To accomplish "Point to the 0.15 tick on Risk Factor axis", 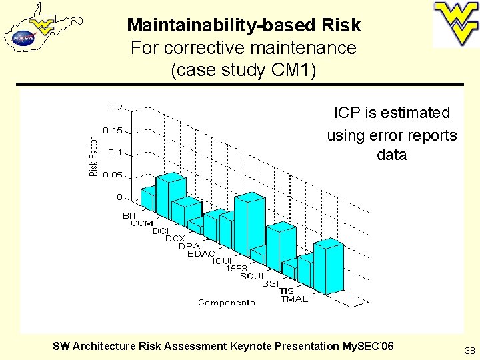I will pos(112,130).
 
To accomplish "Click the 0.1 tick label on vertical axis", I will pos(115,153).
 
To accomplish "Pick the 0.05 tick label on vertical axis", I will pos(112,175).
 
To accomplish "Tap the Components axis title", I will pos(226,303).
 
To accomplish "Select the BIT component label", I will pos(130,215).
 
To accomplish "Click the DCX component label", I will pos(175,238).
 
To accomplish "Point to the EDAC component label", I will pos(201,253).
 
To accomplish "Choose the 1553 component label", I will pos(236,268).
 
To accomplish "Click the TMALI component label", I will pos(295,299).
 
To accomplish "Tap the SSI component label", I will pos(270,283).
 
